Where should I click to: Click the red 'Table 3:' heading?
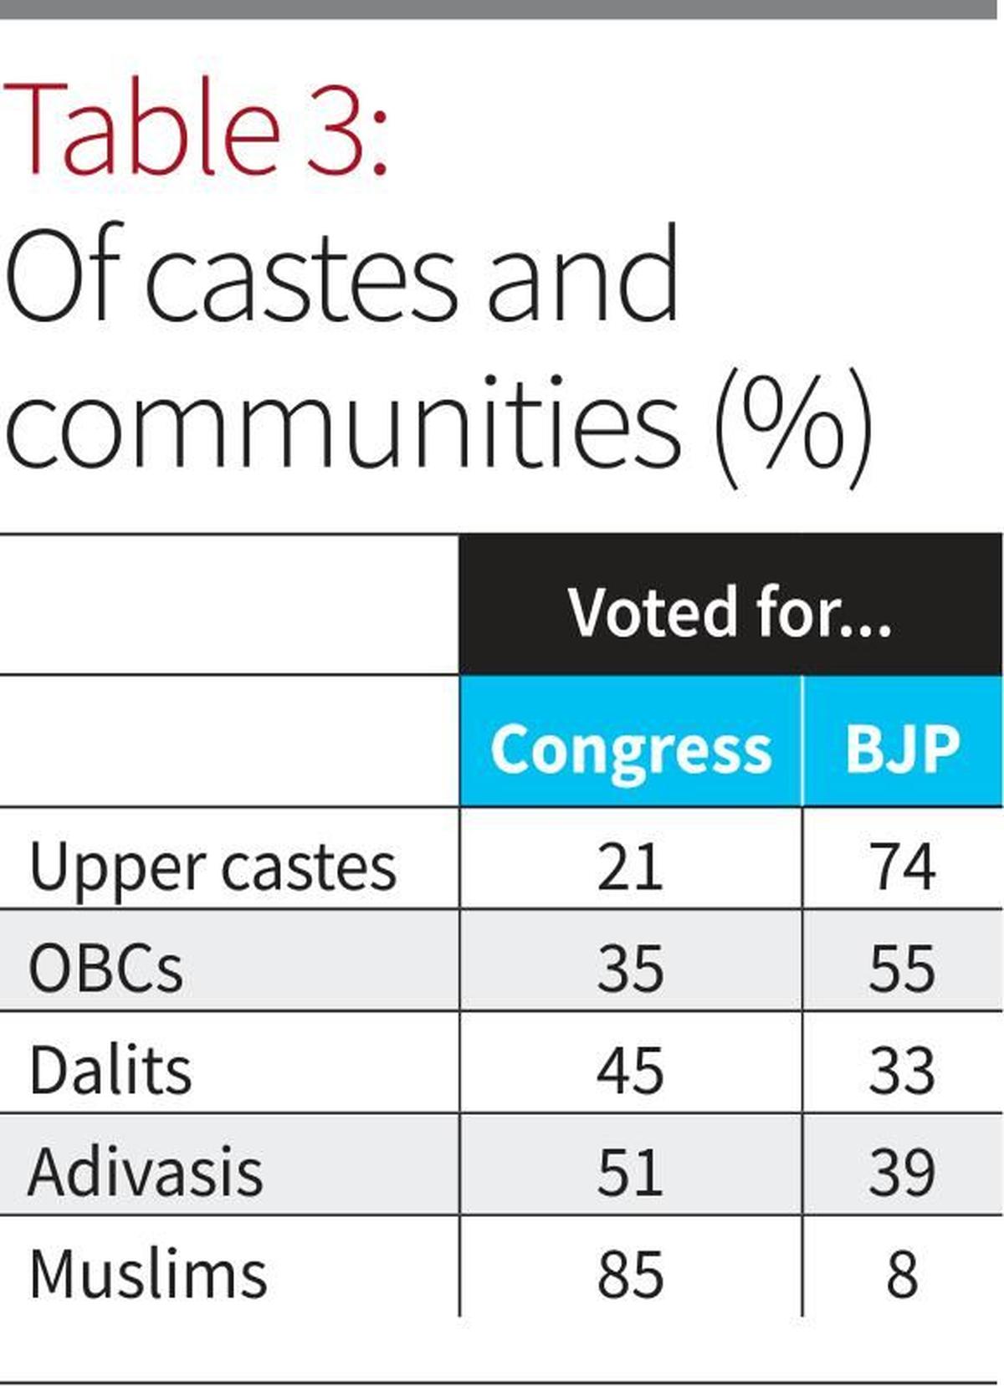pyautogui.click(x=197, y=127)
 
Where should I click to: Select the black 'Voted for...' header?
pyautogui.click(x=730, y=611)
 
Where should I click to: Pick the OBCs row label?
pyautogui.click(x=105, y=969)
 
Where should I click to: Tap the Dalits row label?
pyautogui.click(x=110, y=1071)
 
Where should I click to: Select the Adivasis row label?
pyautogui.click(x=146, y=1172)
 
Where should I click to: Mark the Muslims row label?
pyautogui.click(x=148, y=1274)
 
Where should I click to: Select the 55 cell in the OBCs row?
pyautogui.click(x=902, y=969)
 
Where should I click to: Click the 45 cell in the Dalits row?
pyautogui.click(x=630, y=1071)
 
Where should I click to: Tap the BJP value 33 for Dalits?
pyautogui.click(x=902, y=1071)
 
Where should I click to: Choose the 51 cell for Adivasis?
pyautogui.click(x=630, y=1172)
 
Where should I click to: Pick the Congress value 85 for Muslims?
pyautogui.click(x=630, y=1274)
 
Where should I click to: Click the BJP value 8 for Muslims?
pyautogui.click(x=902, y=1274)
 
